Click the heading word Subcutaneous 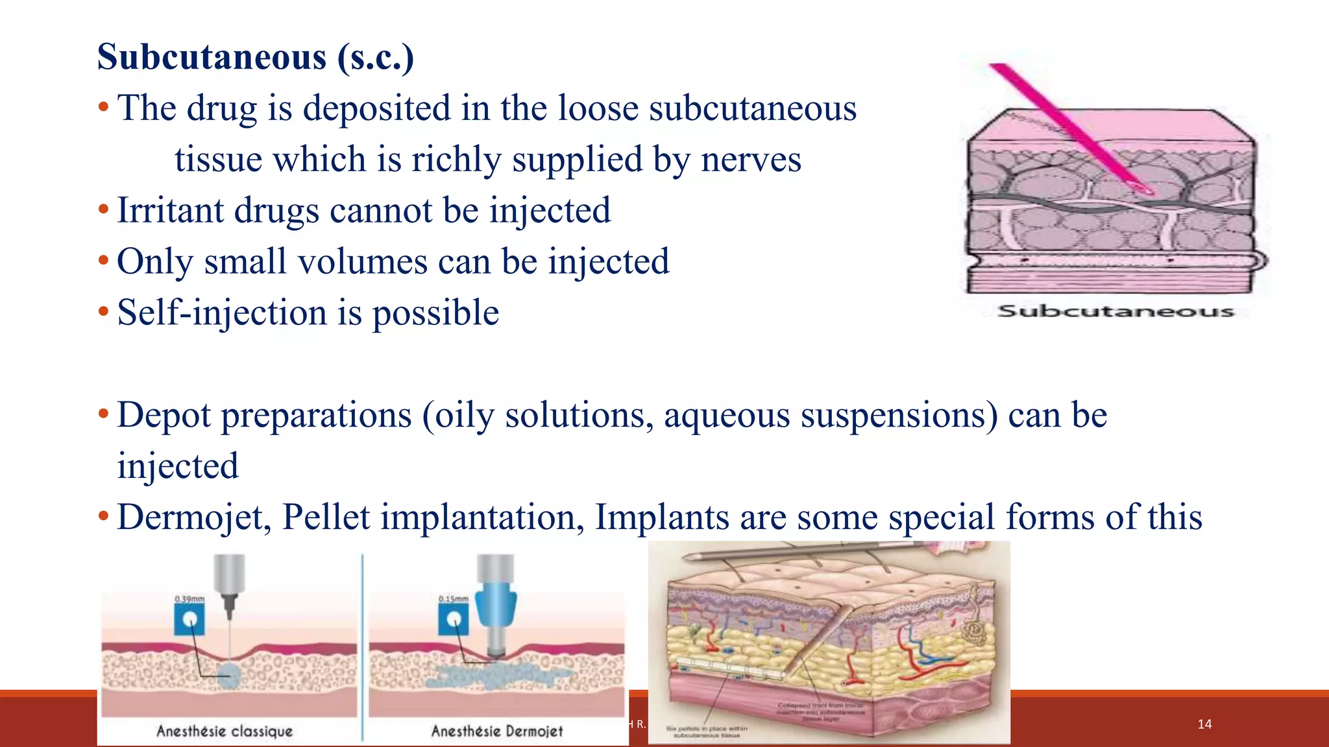click(212, 57)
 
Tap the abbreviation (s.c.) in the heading click(375, 57)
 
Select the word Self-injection click(221, 313)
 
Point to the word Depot click(164, 415)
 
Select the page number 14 click(1204, 724)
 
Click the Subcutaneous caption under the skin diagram click(1115, 311)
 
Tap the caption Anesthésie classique click(225, 731)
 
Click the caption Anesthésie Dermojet click(497, 731)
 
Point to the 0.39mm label click(189, 599)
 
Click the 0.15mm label click(453, 599)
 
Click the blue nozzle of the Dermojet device click(496, 604)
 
